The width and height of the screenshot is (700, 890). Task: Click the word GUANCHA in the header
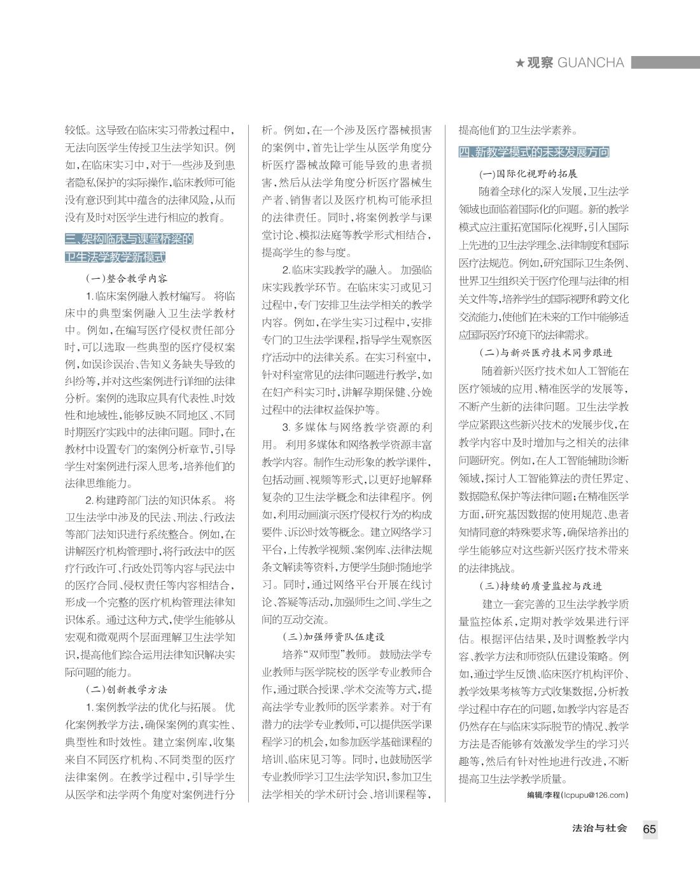pos(590,62)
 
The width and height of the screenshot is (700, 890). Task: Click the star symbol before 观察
pos(520,63)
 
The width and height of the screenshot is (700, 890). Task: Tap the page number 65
pos(649,829)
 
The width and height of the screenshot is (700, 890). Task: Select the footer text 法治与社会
pos(599,828)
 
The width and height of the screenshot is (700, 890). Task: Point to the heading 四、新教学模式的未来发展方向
pos(533,152)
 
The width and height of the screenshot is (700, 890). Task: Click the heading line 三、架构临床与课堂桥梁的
pos(129,239)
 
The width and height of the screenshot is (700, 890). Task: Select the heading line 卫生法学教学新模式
pos(116,257)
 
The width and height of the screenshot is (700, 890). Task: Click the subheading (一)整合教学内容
pos(127,278)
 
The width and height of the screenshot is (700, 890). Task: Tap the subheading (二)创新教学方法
pos(127,689)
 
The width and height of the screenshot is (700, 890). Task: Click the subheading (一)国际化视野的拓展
pos(528,174)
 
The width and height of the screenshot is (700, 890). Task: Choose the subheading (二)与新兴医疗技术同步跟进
pos(545,353)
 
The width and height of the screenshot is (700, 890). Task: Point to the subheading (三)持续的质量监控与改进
pos(540,586)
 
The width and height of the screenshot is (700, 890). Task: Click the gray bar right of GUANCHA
pos(665,62)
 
